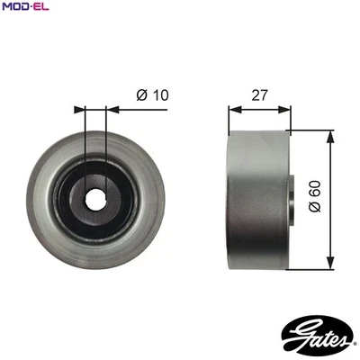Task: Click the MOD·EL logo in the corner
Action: (28, 8)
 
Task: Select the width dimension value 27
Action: (259, 93)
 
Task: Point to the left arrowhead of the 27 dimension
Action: (233, 109)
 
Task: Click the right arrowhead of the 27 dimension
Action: (290, 109)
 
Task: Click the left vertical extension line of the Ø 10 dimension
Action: (85, 135)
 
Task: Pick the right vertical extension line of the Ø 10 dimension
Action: (106, 135)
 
